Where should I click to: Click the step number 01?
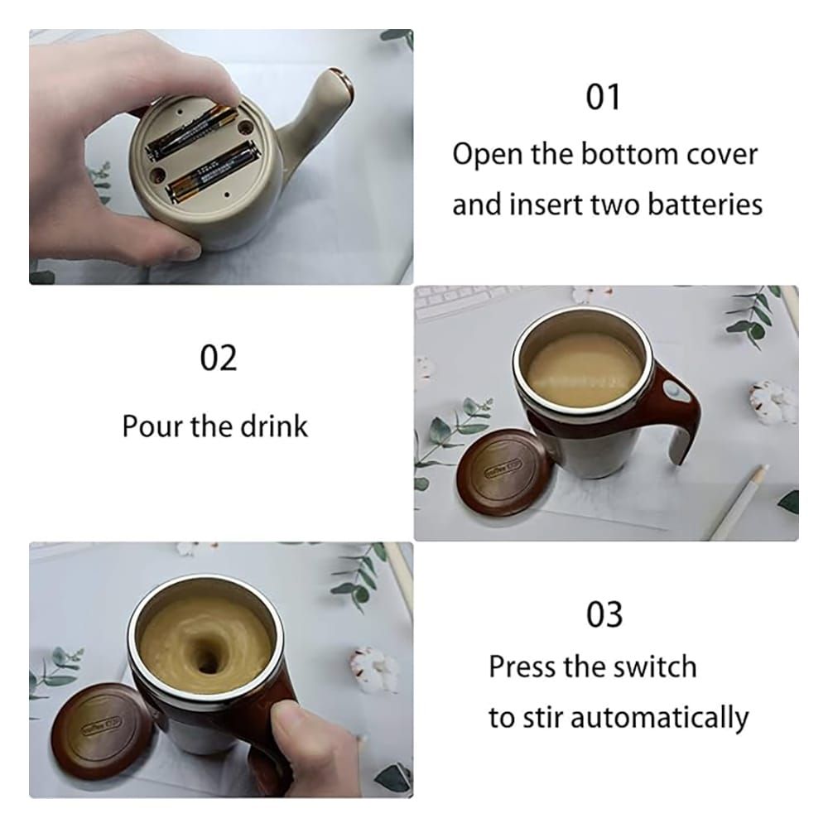603,97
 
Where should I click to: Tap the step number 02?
218,358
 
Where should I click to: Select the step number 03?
604,614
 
